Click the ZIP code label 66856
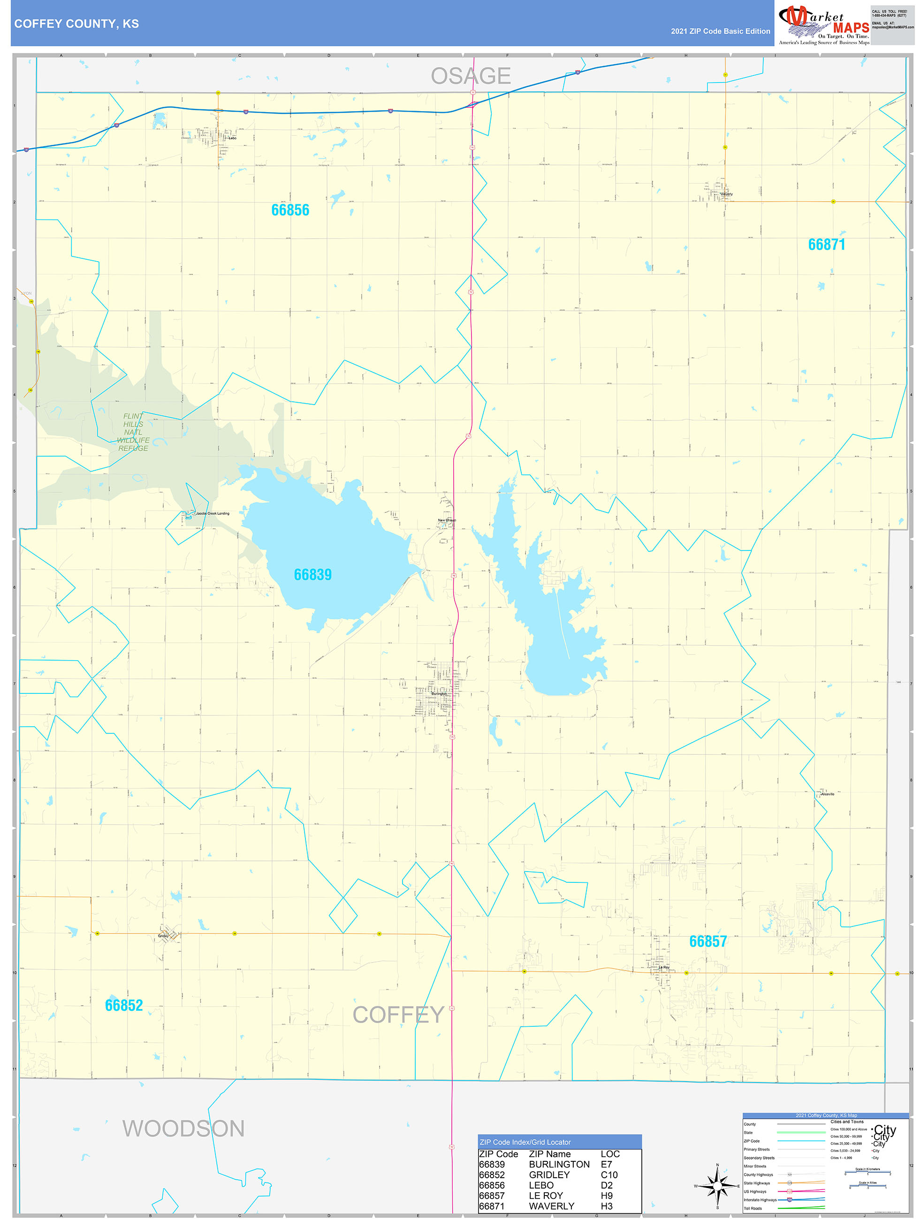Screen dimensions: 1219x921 (290, 210)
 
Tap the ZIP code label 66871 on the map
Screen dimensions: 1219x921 (826, 245)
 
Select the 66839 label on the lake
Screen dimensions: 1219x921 (312, 575)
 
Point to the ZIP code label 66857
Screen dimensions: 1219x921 (708, 941)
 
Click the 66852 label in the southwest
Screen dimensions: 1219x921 (124, 1005)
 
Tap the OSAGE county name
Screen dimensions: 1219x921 (471, 76)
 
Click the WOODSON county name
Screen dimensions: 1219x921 (183, 1129)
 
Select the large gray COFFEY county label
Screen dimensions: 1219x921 (398, 1015)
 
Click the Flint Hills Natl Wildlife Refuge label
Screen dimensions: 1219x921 (133, 432)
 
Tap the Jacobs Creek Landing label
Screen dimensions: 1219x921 (213, 513)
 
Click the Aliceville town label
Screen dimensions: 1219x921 (827, 794)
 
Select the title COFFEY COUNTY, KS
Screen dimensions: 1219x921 (76, 24)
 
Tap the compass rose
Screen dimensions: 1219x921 (717, 1185)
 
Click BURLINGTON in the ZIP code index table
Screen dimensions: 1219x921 (559, 1165)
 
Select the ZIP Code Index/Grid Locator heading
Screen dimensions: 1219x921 (525, 1142)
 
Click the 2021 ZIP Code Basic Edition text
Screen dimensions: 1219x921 (720, 31)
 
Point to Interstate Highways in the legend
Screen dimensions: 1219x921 (760, 1200)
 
